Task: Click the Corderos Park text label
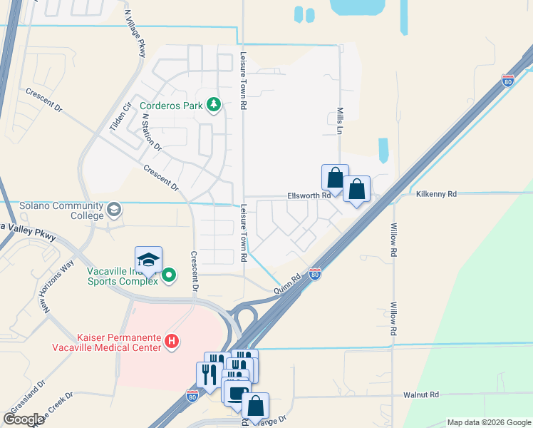pyautogui.click(x=171, y=106)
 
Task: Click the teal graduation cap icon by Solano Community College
pyautogui.click(x=114, y=210)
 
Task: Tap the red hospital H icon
pyautogui.click(x=172, y=342)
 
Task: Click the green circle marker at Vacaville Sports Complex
pyautogui.click(x=169, y=275)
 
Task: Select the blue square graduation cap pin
pyautogui.click(x=148, y=260)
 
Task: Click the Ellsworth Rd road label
pyautogui.click(x=309, y=195)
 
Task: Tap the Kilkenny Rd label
pyautogui.click(x=435, y=193)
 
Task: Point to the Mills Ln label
pyautogui.click(x=340, y=121)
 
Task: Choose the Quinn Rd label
pyautogui.click(x=287, y=287)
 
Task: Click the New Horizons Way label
pyautogui.click(x=57, y=285)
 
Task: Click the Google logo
pyautogui.click(x=24, y=419)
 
